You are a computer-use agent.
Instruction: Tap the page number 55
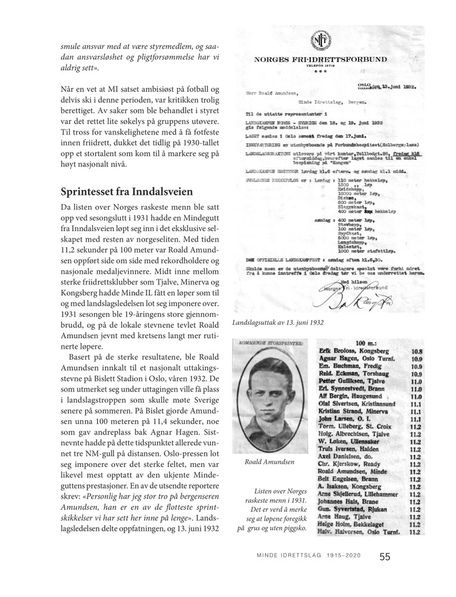point(385,558)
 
